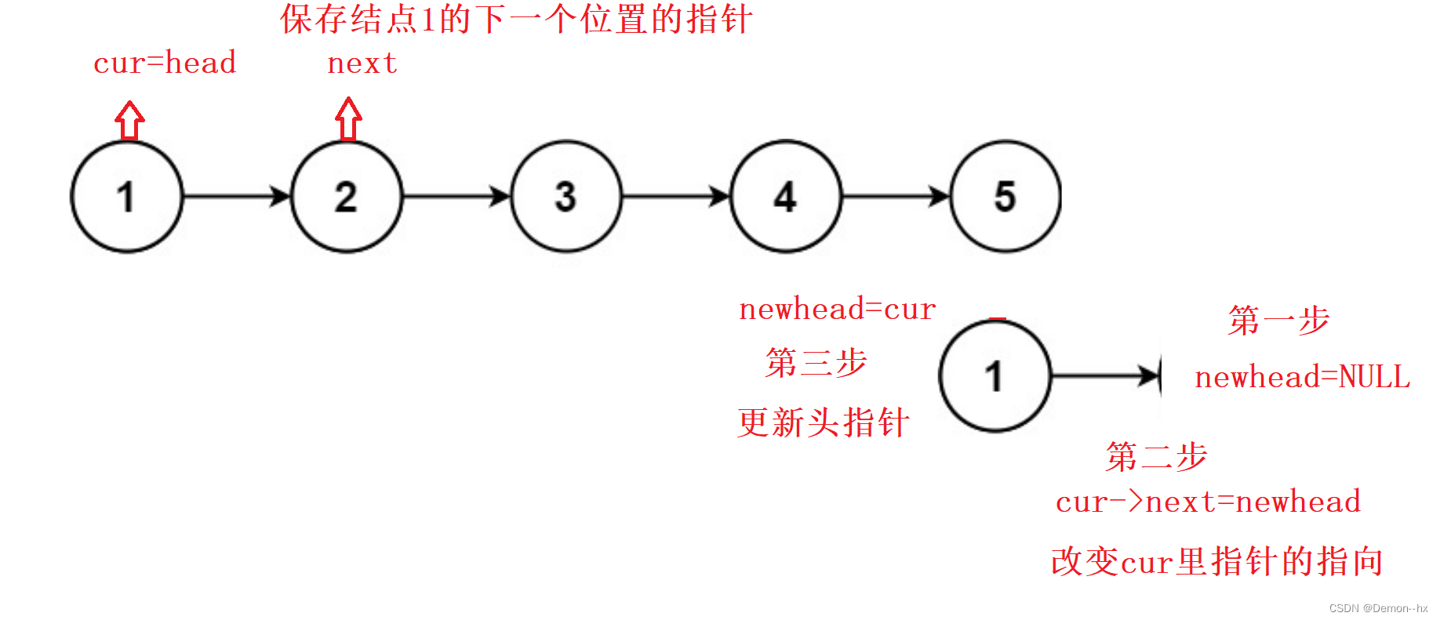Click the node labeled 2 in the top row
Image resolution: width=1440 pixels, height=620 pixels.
coord(347,196)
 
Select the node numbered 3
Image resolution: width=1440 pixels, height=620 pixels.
coord(566,196)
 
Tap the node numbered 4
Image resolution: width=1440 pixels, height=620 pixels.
coord(786,196)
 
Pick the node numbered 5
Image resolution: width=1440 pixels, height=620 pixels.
coord(1005,196)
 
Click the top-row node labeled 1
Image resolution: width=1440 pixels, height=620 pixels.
coord(127,196)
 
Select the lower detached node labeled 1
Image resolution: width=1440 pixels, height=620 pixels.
coord(995,376)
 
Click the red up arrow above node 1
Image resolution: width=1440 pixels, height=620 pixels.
coord(130,121)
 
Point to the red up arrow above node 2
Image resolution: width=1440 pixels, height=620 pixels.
coord(348,119)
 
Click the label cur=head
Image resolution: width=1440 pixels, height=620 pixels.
coord(165,63)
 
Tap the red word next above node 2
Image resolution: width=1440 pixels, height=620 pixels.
coord(362,63)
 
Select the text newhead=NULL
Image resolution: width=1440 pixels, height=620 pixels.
coord(1302,377)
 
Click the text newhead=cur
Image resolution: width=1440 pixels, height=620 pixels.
coord(838,310)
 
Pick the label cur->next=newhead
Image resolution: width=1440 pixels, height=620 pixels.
coord(1208,502)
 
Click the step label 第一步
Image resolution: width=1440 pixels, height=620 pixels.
coord(1278,320)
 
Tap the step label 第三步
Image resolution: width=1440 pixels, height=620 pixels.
coord(816,362)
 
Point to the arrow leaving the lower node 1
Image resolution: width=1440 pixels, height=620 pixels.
coord(1106,376)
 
